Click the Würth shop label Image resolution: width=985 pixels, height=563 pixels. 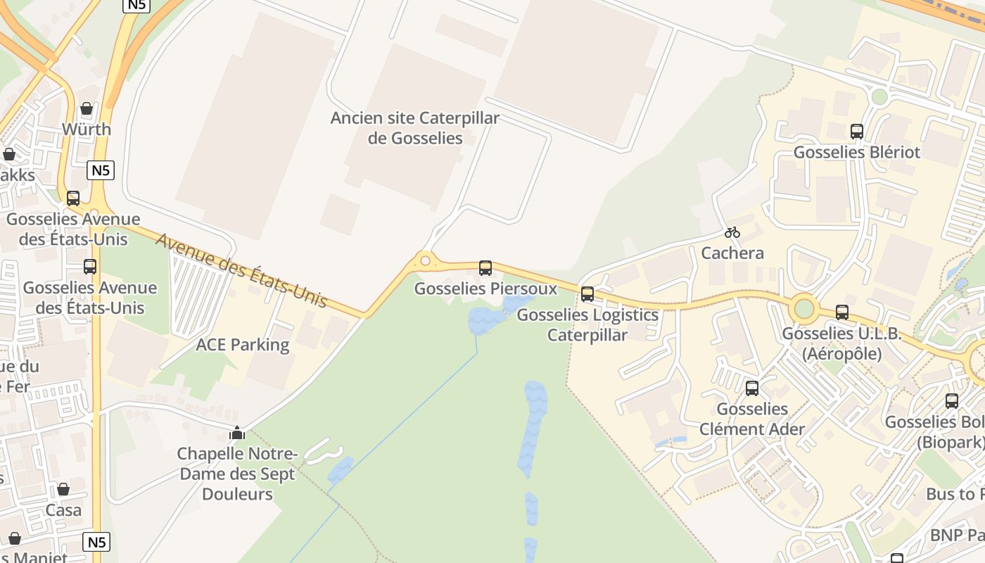click(x=87, y=129)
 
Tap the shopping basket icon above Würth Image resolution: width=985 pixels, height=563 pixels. click(x=87, y=108)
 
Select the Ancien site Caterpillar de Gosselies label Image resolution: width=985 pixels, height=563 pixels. click(x=415, y=127)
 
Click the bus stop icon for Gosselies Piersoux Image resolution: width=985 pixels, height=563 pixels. click(x=485, y=267)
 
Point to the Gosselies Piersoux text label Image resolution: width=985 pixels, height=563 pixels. click(x=485, y=289)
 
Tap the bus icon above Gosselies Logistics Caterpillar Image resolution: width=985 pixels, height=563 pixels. click(x=587, y=294)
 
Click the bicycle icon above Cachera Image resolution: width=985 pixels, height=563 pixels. click(x=732, y=232)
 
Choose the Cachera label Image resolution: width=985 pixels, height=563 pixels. click(x=732, y=253)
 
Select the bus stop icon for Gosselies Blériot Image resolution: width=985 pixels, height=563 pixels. click(x=857, y=132)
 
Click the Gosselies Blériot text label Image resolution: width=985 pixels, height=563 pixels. click(x=857, y=152)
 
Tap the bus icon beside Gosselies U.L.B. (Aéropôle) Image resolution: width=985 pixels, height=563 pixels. click(x=842, y=312)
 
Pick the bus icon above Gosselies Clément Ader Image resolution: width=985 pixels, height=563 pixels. click(x=752, y=388)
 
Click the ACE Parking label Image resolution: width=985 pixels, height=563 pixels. click(x=243, y=345)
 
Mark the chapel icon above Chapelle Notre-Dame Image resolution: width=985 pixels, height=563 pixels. click(x=237, y=432)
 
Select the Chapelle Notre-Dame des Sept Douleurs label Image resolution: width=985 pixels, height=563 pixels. click(x=237, y=474)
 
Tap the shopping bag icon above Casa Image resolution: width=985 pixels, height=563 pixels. click(x=63, y=489)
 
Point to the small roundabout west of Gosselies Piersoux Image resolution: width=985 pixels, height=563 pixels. click(x=425, y=261)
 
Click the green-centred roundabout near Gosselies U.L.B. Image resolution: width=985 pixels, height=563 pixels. click(x=804, y=308)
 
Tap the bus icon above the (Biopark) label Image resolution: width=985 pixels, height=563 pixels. click(x=952, y=401)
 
